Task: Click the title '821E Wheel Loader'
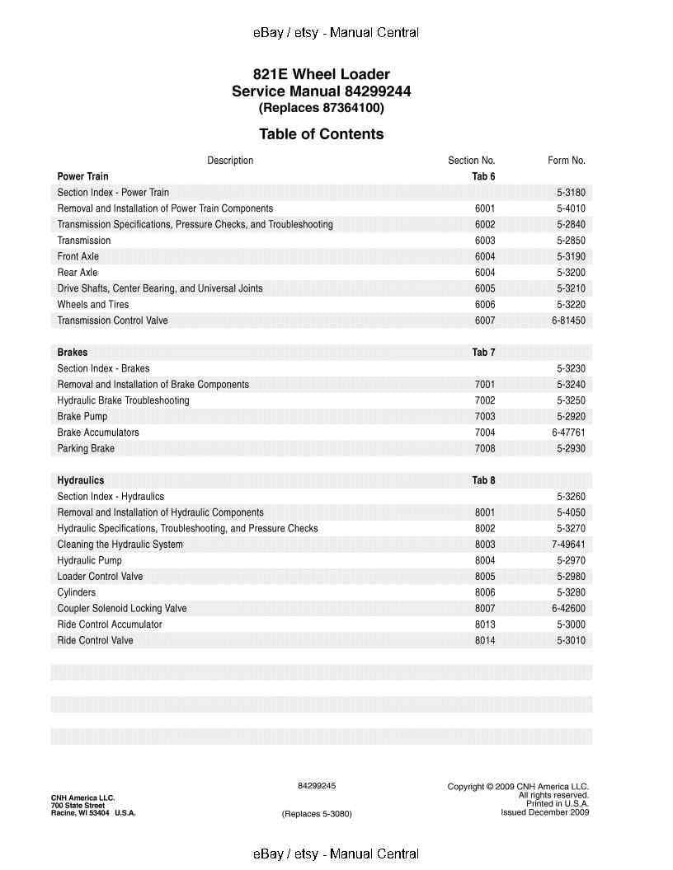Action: click(x=321, y=74)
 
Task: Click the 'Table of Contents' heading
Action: click(x=321, y=134)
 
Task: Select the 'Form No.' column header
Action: click(x=566, y=161)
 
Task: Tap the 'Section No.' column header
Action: click(x=471, y=161)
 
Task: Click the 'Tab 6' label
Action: click(x=483, y=176)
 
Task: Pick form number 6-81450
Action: click(x=568, y=320)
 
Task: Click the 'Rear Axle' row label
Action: click(x=78, y=273)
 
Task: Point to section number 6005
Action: click(x=485, y=288)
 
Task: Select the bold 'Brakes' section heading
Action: click(x=73, y=353)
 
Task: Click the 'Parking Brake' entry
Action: click(x=86, y=449)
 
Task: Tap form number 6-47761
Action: click(x=568, y=433)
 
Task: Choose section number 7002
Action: click(x=485, y=400)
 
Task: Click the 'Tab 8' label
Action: click(x=483, y=480)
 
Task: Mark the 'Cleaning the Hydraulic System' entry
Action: click(x=120, y=545)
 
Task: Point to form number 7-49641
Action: click(x=568, y=545)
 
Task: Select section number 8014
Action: click(x=485, y=641)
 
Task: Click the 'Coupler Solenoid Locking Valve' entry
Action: click(x=122, y=609)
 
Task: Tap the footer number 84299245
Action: click(x=317, y=786)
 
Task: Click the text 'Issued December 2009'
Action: click(x=544, y=812)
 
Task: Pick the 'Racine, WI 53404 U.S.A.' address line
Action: click(x=93, y=813)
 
